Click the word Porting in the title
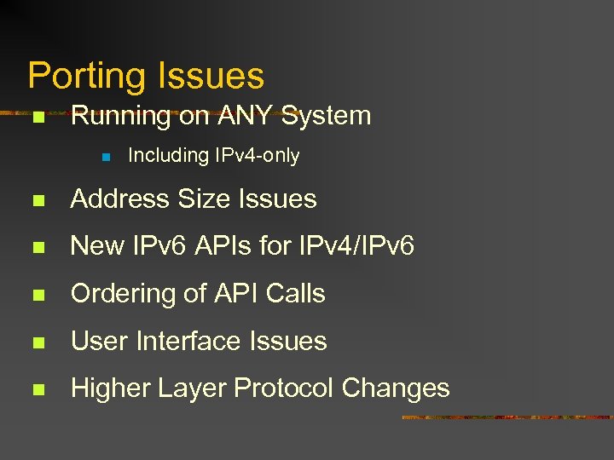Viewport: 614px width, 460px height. click(81, 77)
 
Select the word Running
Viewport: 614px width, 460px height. click(121, 116)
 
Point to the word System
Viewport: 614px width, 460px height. click(327, 116)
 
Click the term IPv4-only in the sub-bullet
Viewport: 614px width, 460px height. click(256, 156)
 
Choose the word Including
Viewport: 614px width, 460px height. click(168, 156)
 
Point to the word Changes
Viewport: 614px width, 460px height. click(396, 388)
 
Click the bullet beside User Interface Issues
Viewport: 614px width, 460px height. click(38, 342)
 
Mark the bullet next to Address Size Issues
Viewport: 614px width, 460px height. click(38, 200)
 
